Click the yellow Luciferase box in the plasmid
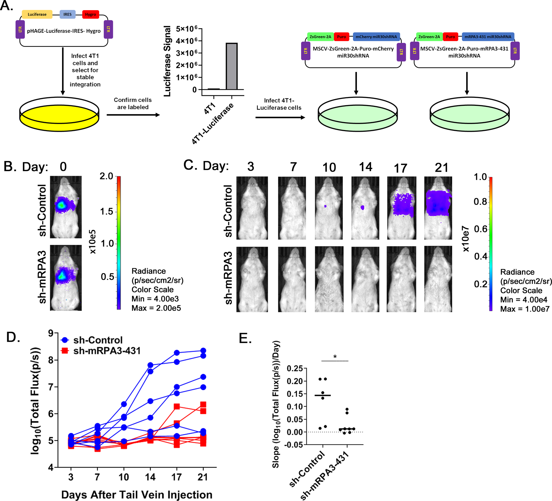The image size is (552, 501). [x=37, y=14]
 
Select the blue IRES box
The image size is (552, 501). [x=67, y=14]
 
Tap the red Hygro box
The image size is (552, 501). [x=91, y=14]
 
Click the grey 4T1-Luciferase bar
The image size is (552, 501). [x=232, y=66]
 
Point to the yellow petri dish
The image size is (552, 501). [x=59, y=114]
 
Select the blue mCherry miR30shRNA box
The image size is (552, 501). [x=376, y=37]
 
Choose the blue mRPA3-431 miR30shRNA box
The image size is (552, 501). [x=488, y=37]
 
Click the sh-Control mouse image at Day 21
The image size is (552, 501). [x=438, y=208]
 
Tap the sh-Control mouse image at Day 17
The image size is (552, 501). [x=402, y=208]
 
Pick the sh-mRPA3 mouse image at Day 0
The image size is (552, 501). [x=66, y=278]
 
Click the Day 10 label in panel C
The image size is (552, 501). [x=329, y=167]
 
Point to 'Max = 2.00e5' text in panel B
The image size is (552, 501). [x=156, y=308]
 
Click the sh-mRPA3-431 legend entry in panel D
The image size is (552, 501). [x=101, y=351]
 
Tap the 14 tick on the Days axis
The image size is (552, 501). [x=150, y=477]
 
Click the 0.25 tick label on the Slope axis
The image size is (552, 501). [x=295, y=368]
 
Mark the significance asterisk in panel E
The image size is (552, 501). [x=335, y=357]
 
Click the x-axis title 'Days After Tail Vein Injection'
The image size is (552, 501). [x=137, y=495]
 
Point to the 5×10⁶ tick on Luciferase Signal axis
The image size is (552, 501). [x=187, y=29]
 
